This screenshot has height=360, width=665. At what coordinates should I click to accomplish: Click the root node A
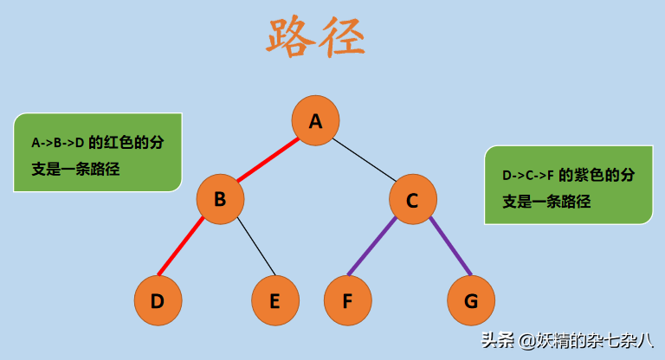coord(315,120)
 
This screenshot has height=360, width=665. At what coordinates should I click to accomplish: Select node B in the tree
coord(220,200)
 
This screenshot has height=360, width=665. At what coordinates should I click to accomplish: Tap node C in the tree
coord(412,200)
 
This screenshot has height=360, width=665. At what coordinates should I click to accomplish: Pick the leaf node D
coord(158,300)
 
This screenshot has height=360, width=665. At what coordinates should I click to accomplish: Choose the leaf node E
coord(275,300)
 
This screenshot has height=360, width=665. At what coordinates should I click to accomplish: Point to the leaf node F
coord(347,300)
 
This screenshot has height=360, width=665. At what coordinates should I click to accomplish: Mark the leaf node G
coord(471,300)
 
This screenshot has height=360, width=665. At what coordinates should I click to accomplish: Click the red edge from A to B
coord(268,160)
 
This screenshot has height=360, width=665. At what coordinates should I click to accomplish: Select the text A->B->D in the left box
coord(58,142)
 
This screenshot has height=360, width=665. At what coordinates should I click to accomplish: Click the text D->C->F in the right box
coord(527,176)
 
